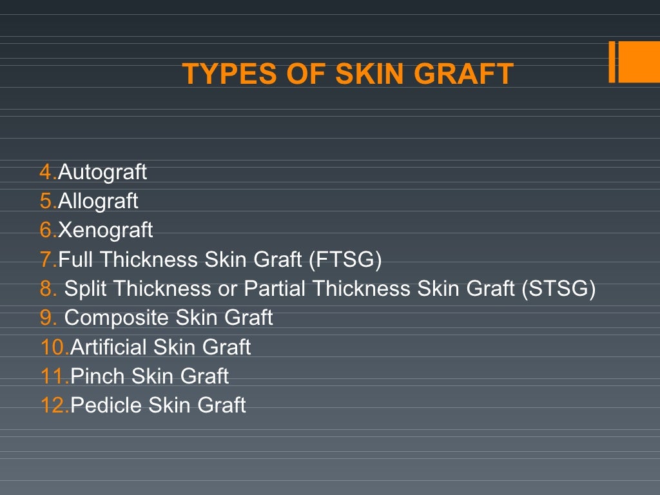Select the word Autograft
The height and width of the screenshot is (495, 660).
click(102, 172)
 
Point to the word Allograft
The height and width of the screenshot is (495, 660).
click(98, 201)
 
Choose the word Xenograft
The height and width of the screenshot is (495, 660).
click(105, 230)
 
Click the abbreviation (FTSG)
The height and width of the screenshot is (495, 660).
click(345, 260)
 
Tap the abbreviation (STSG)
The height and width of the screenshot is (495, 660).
click(558, 289)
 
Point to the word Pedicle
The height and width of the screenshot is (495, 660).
click(106, 405)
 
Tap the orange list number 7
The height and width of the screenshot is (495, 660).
click(46, 260)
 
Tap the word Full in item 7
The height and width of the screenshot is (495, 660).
click(76, 260)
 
